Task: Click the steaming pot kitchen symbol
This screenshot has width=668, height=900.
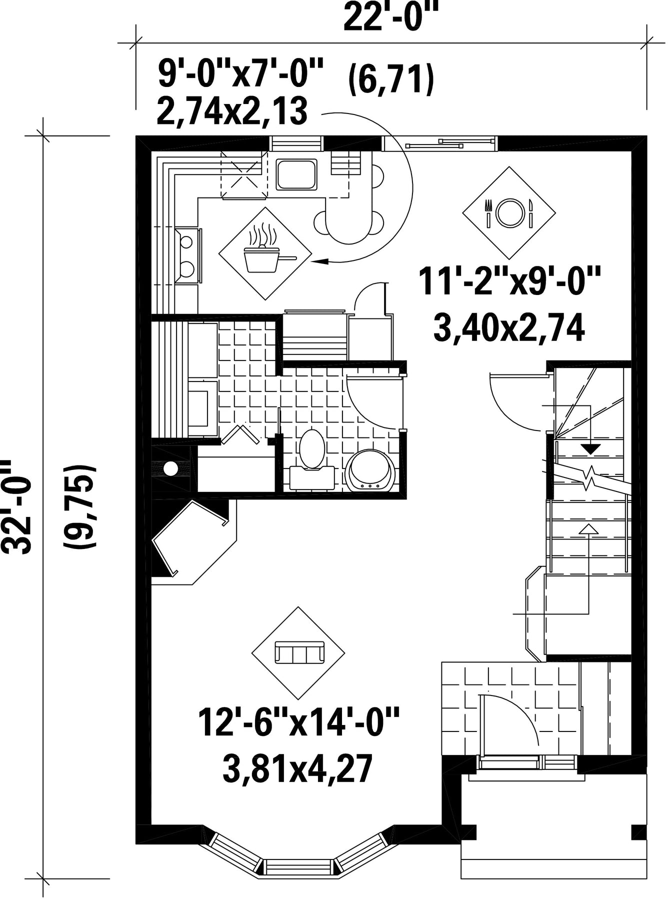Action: tap(265, 253)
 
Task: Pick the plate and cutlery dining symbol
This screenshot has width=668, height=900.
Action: tap(508, 212)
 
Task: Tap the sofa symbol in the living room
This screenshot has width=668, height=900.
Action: tap(298, 652)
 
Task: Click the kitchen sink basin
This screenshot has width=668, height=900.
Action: tap(296, 174)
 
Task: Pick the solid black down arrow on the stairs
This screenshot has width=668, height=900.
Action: tap(591, 449)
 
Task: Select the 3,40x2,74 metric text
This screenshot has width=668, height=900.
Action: tap(509, 329)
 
